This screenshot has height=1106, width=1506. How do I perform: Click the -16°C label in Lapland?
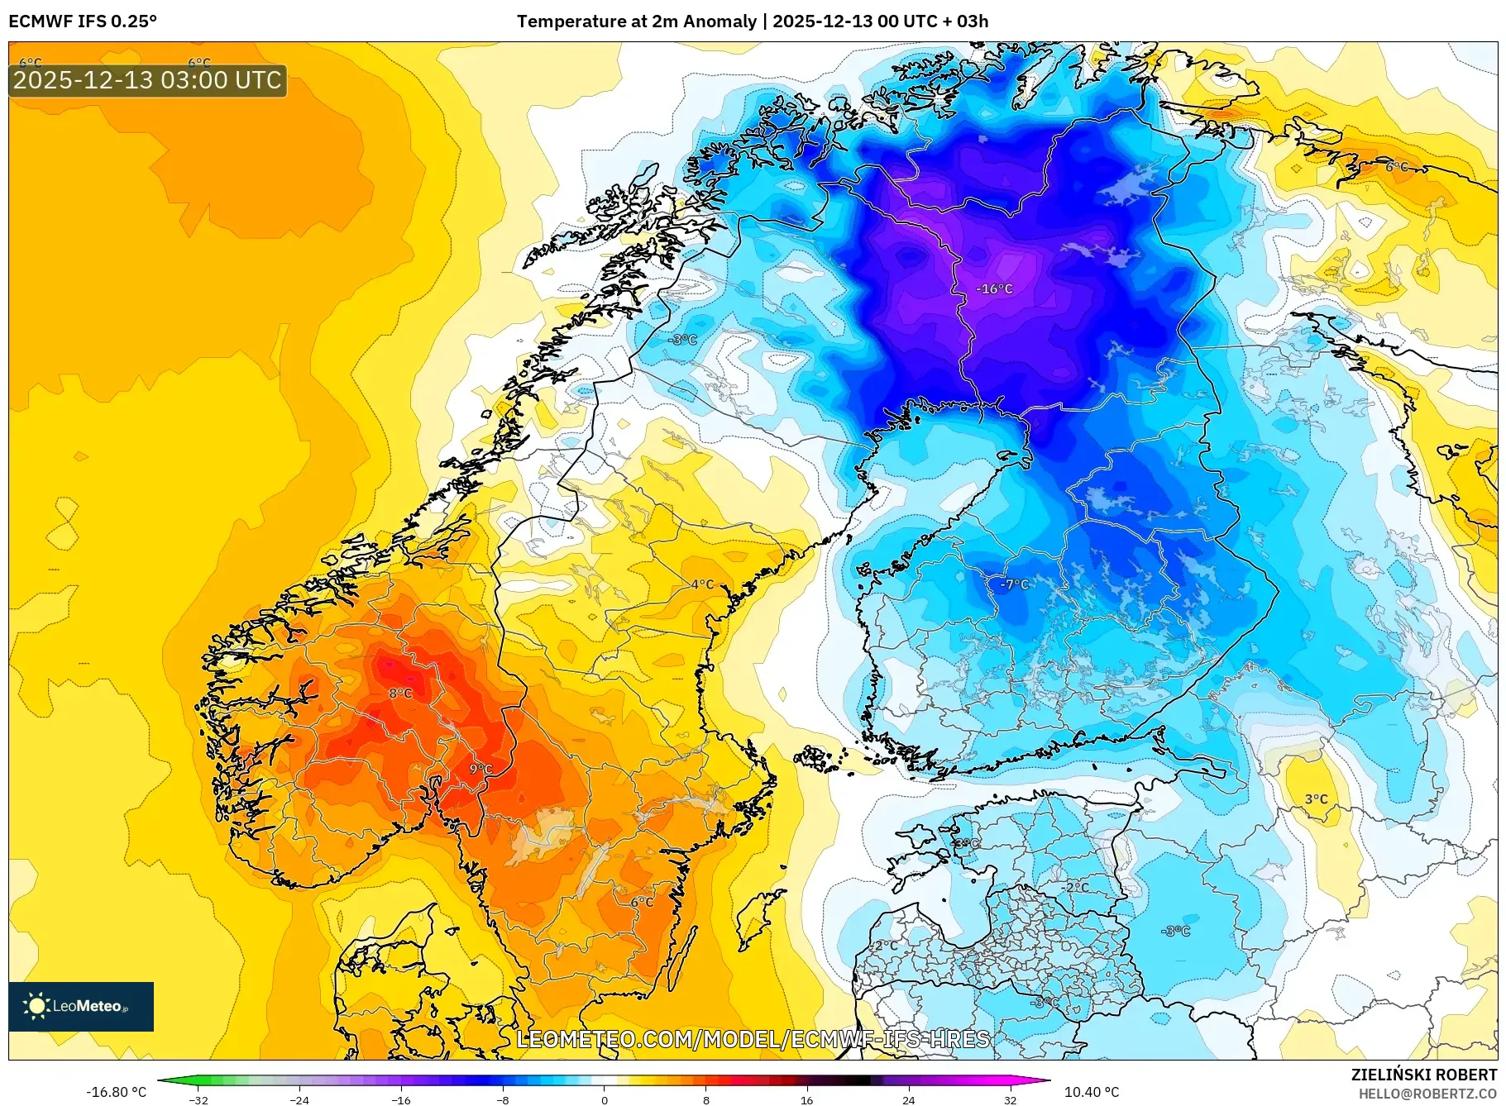click(x=994, y=288)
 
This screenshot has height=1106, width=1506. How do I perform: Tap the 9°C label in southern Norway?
click(x=480, y=769)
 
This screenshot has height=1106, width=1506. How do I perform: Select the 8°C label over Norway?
click(x=400, y=693)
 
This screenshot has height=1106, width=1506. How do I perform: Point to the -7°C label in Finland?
click(x=1015, y=584)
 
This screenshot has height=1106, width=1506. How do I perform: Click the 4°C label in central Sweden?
click(x=702, y=584)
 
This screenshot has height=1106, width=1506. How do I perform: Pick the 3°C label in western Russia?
click(x=1316, y=799)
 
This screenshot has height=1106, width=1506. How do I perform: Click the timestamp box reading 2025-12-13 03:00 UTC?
click(x=147, y=80)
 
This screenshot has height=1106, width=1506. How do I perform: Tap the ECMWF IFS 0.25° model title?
click(x=83, y=21)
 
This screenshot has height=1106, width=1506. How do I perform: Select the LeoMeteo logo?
click(x=81, y=1006)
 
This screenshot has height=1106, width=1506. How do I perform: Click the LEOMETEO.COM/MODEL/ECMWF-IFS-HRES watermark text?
click(x=753, y=1039)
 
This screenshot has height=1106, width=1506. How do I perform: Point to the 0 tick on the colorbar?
click(x=604, y=1099)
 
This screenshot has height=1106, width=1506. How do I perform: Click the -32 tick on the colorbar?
click(x=198, y=1099)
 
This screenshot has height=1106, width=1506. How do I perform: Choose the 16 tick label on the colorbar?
click(x=806, y=1099)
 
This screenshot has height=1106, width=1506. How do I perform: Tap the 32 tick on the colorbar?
click(x=1010, y=1099)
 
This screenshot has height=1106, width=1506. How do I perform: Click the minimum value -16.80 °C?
click(x=116, y=1092)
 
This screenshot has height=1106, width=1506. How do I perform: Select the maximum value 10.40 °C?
click(x=1091, y=1092)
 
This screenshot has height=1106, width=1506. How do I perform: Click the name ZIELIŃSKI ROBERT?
click(x=1423, y=1075)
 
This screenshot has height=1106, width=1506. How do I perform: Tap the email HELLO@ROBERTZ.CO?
click(x=1427, y=1094)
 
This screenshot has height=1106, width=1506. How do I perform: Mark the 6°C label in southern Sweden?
click(x=642, y=902)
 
